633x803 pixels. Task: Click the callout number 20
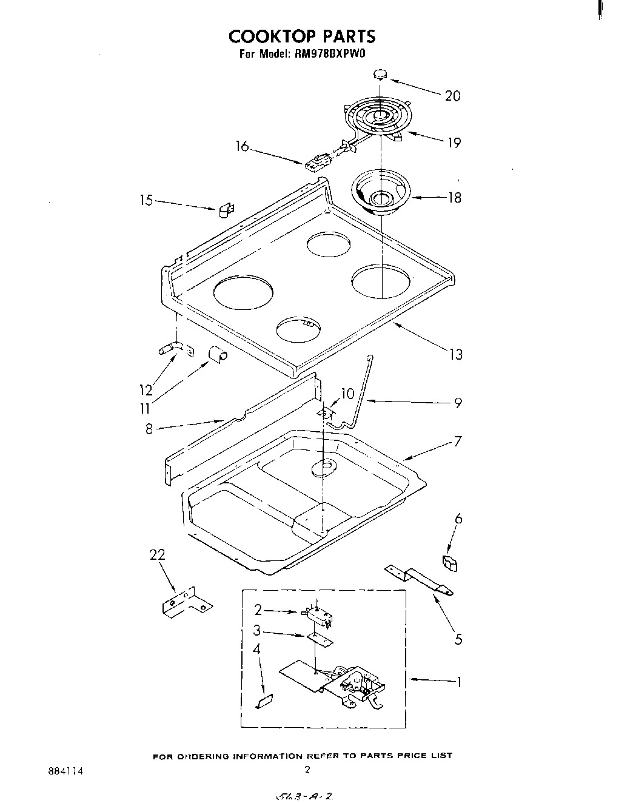[452, 96]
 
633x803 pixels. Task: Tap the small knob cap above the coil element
[380, 75]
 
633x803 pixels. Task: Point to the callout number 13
[455, 354]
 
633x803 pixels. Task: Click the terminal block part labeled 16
[314, 162]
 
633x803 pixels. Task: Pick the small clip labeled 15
[225, 209]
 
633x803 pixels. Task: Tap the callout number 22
[156, 555]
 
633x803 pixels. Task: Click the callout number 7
[458, 441]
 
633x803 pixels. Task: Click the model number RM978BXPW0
[333, 54]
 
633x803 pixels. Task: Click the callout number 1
[459, 682]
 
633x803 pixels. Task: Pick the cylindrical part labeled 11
[216, 354]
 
